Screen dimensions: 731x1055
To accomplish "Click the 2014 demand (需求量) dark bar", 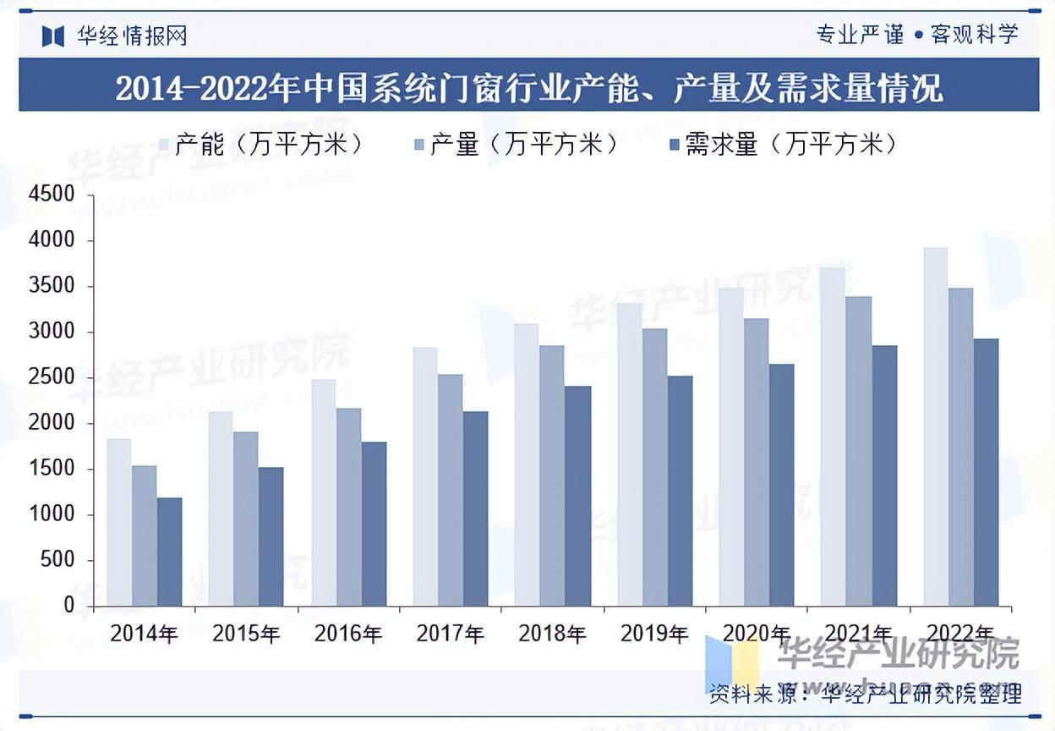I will (x=169, y=552).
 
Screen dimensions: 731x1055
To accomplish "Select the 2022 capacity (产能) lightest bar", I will (x=935, y=427).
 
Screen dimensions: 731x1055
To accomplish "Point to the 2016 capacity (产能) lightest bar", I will (x=324, y=492).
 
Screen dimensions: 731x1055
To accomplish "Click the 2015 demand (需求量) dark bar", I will (x=271, y=536).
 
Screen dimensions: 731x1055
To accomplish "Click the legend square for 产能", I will (x=166, y=146).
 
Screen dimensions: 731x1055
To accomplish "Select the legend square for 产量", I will (x=420, y=146).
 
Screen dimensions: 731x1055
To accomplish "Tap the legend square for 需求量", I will (x=675, y=146).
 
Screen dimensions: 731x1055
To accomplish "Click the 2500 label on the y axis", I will (x=52, y=378).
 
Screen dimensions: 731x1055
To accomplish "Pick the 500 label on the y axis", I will (x=58, y=561).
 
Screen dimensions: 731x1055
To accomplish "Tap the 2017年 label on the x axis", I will (x=451, y=634).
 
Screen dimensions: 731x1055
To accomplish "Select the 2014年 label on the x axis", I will (x=145, y=634).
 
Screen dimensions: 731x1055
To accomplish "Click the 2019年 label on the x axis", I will (x=654, y=634).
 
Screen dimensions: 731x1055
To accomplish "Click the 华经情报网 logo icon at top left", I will (x=53, y=36).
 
